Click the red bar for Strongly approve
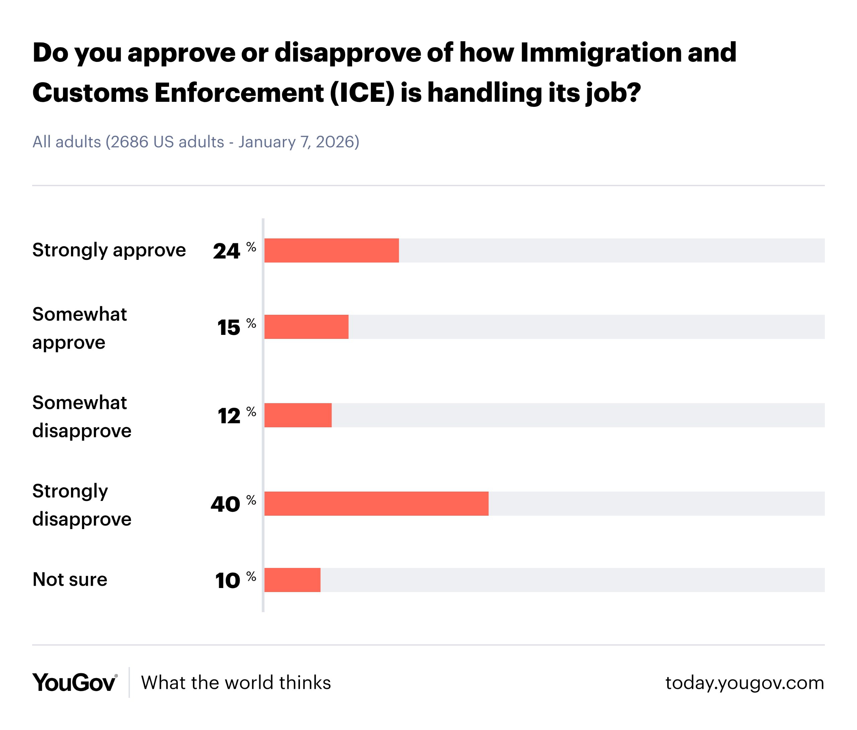(331, 250)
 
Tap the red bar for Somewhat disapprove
(298, 415)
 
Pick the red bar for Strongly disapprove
(376, 504)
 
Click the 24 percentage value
(227, 251)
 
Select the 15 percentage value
(229, 328)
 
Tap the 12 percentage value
(229, 416)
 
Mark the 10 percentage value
(228, 581)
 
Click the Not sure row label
(70, 579)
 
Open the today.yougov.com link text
(745, 683)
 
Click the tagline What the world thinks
(236, 683)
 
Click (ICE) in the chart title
(362, 93)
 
